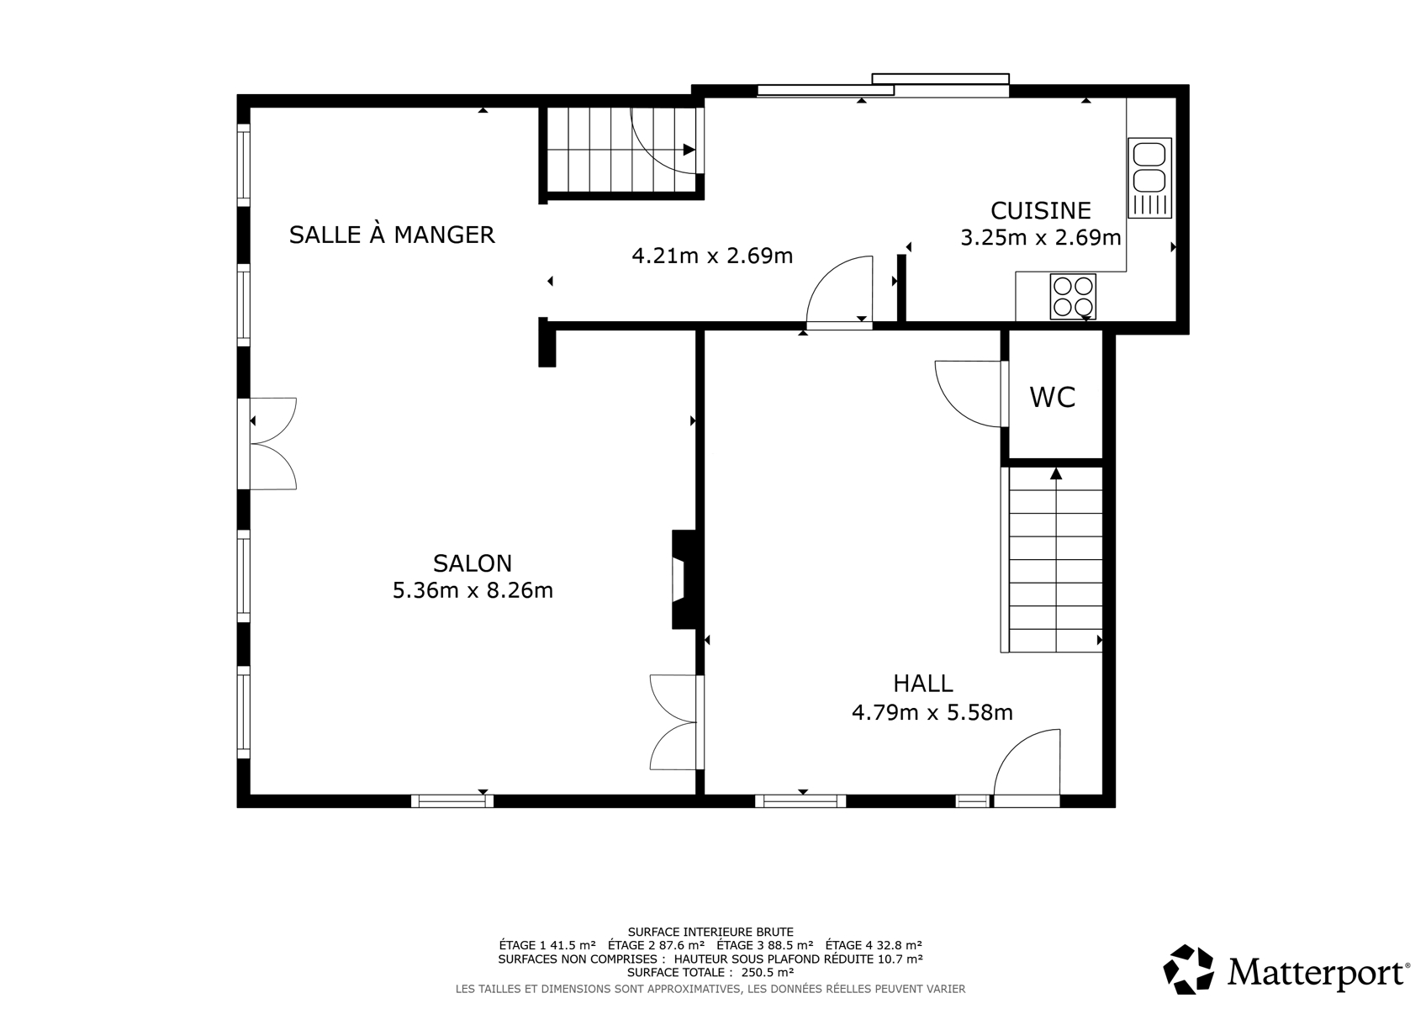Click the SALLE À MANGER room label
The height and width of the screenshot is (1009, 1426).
392,235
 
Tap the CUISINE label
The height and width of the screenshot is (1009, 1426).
1041,210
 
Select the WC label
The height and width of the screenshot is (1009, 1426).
1053,397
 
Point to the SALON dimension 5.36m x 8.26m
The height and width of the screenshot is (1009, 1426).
473,591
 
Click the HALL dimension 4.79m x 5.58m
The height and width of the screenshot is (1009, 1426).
932,711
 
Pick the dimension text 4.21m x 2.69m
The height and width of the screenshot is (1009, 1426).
712,256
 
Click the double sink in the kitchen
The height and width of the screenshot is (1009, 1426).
1149,177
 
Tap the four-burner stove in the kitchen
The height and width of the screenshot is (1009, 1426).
1073,297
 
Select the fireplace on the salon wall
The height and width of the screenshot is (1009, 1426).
684,579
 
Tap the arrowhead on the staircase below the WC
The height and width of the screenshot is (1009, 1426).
1056,473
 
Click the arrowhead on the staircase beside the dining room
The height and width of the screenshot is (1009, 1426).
689,150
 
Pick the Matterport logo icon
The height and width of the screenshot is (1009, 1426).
1188,969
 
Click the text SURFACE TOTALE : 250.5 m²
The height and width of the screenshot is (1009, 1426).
710,972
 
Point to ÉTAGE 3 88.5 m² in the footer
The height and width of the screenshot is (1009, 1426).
764,945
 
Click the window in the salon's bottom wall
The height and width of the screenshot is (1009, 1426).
452,800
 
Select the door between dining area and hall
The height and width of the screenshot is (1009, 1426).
839,291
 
